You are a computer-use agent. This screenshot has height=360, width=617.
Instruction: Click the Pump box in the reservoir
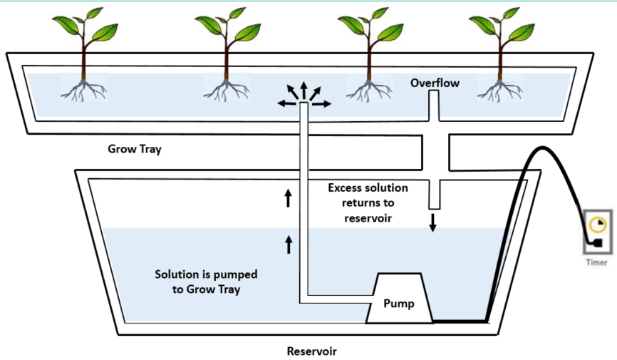click(398, 302)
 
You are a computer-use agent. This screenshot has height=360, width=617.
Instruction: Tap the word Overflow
click(435, 83)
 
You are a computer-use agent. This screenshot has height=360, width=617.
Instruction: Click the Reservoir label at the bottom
click(311, 351)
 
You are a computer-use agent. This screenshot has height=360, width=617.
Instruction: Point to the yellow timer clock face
click(595, 225)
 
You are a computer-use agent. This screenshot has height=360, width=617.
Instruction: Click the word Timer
click(596, 262)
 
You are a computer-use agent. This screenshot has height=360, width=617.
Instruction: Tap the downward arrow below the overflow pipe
click(432, 222)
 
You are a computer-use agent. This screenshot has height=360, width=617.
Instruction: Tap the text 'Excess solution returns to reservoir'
click(368, 202)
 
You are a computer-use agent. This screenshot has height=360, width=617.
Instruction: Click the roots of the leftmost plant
click(84, 88)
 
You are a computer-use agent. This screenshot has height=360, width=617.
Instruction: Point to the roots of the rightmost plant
click(499, 88)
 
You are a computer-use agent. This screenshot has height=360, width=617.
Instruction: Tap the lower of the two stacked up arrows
click(289, 245)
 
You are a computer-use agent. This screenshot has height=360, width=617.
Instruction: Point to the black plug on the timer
click(596, 244)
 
